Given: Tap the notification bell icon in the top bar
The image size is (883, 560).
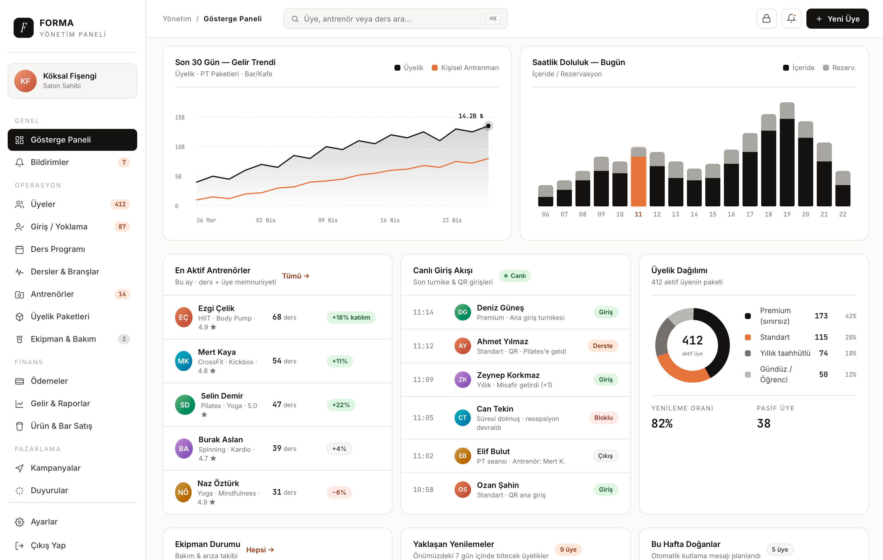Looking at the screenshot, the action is (791, 19).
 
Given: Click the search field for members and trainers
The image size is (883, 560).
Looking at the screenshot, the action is (395, 19).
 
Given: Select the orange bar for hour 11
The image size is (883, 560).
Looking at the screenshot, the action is (638, 181).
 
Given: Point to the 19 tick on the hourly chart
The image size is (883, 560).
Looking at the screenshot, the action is (787, 214).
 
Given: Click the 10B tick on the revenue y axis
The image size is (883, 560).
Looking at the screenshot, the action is (180, 147).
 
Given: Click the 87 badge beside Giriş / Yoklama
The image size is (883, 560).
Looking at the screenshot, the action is (122, 227).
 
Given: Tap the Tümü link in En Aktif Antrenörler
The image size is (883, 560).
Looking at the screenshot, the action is (295, 276).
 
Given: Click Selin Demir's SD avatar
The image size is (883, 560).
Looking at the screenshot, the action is (185, 405).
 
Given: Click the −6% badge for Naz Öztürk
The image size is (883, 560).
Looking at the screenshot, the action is (339, 492).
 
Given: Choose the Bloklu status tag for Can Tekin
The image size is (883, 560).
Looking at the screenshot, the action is (603, 418).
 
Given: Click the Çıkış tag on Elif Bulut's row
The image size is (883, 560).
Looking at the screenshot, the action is (605, 456).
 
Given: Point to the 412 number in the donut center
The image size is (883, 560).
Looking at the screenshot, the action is (692, 340).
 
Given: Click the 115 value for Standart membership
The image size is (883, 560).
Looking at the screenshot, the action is (821, 337).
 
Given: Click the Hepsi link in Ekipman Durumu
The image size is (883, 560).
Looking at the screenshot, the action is (260, 550).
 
